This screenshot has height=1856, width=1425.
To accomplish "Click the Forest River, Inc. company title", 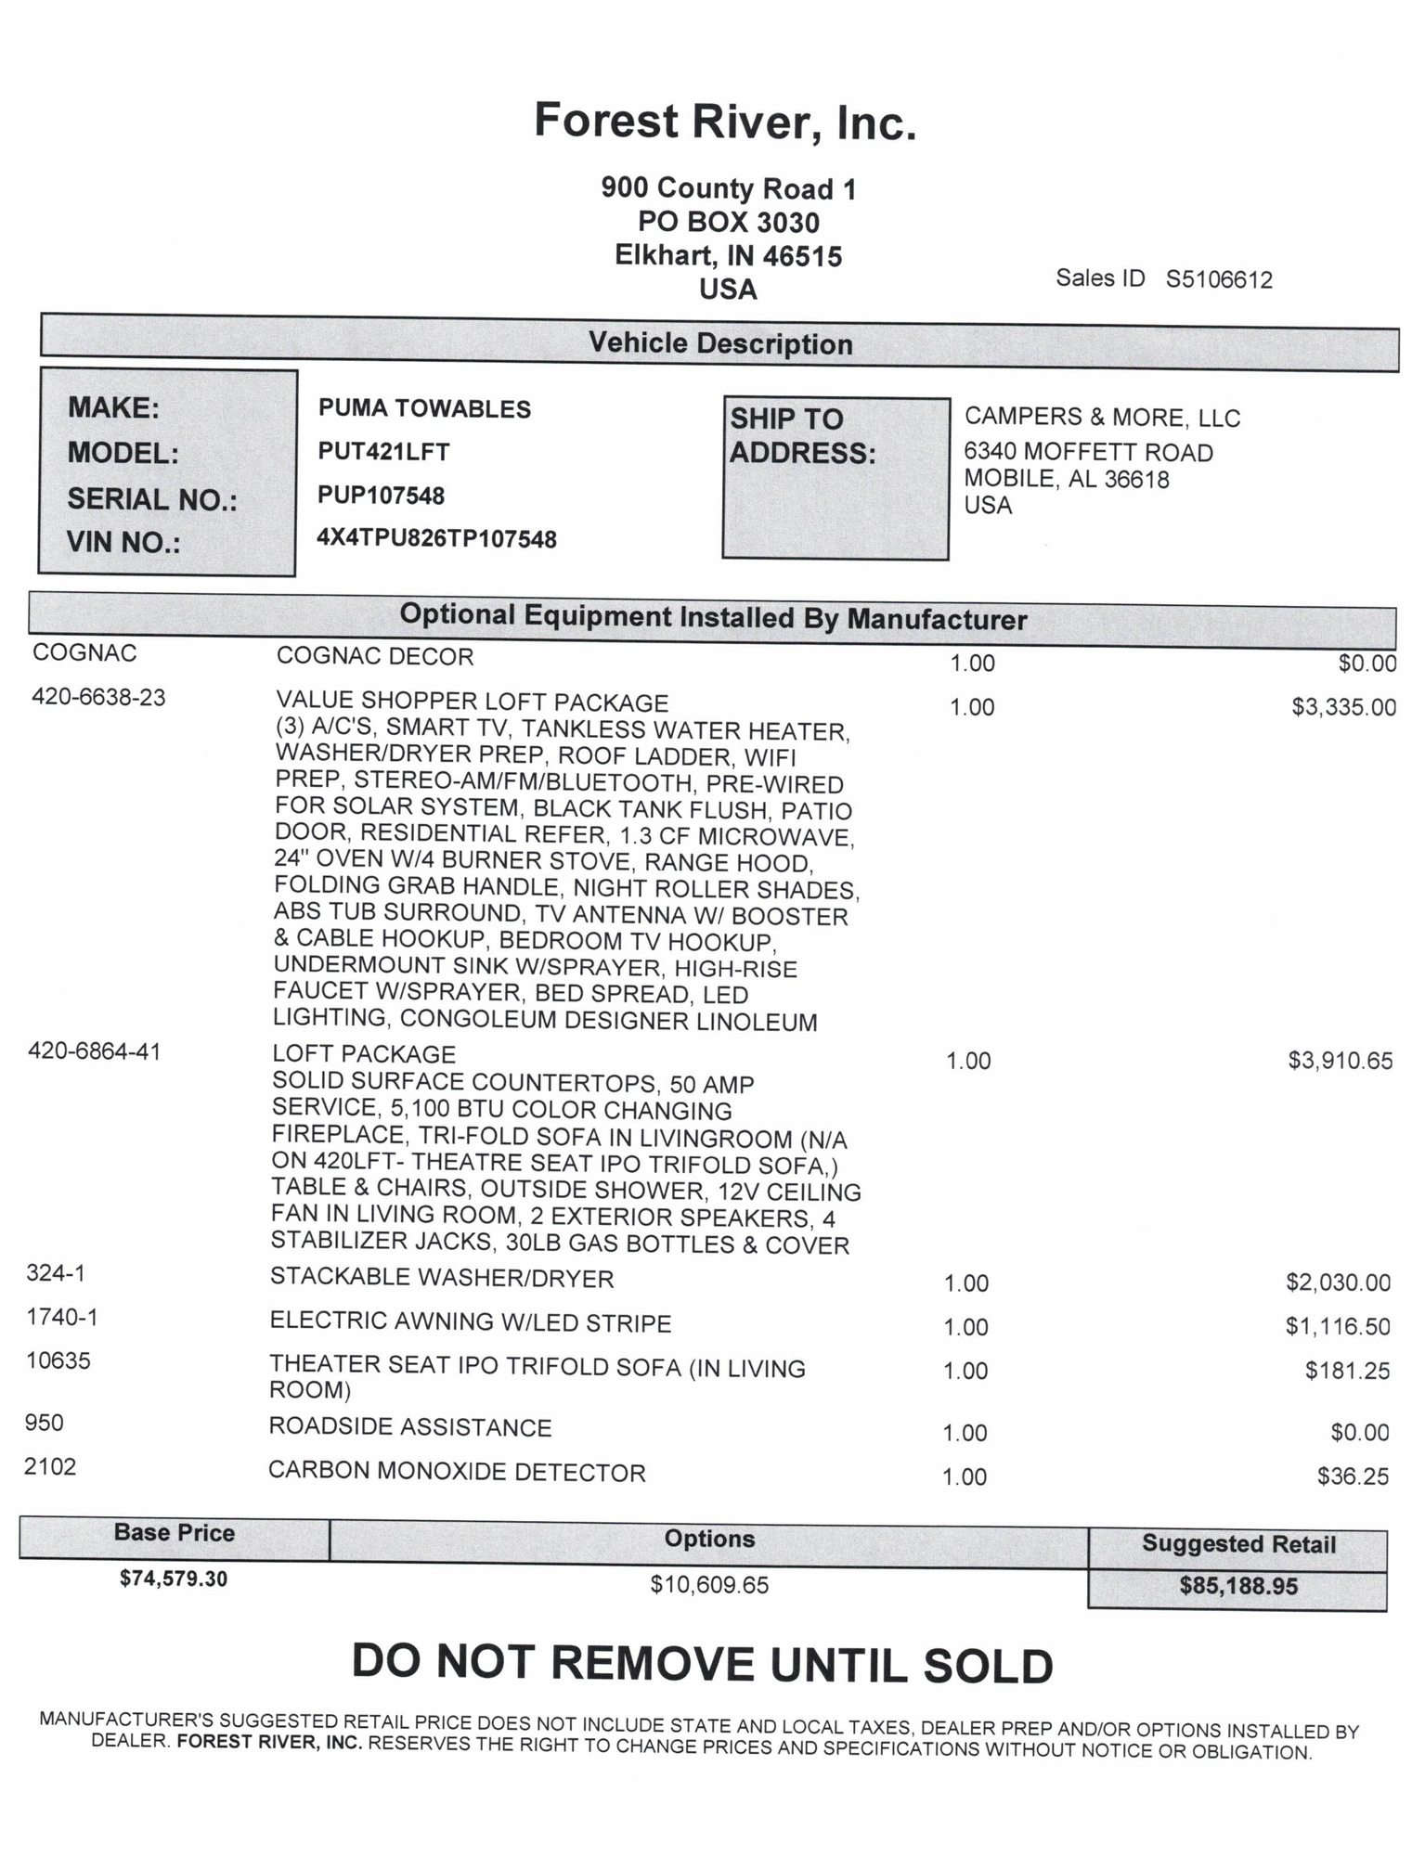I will [x=725, y=122].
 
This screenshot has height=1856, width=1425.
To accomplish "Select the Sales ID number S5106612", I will [x=1219, y=279].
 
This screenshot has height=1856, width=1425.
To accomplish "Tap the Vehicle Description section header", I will [x=720, y=343].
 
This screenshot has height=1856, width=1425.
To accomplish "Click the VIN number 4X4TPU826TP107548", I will [x=436, y=538].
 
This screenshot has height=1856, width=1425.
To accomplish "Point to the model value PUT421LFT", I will [x=383, y=452].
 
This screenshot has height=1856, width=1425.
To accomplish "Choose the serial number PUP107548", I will [x=381, y=496].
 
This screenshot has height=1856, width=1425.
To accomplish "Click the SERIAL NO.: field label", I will [x=152, y=499].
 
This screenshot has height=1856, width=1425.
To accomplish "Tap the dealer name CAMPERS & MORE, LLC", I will [x=1102, y=418].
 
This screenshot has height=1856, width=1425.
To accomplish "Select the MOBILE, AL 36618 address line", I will [x=1067, y=480].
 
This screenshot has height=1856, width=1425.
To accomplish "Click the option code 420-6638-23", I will [x=98, y=697].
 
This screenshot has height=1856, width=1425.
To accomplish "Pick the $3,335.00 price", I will [x=1342, y=707].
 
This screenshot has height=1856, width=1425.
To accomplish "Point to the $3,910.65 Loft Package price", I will [x=1340, y=1061].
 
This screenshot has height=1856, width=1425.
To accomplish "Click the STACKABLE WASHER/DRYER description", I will [x=442, y=1278].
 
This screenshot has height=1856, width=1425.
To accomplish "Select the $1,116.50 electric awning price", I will [x=1338, y=1326].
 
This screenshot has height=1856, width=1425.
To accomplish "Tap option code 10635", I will [x=58, y=1361].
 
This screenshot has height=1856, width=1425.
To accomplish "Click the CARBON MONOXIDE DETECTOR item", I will [x=457, y=1473].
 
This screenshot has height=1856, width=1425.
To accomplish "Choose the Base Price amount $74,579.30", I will [x=174, y=1578].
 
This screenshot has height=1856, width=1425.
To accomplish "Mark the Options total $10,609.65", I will [x=709, y=1585].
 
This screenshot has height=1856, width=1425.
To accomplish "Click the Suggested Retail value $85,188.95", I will [x=1237, y=1586].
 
